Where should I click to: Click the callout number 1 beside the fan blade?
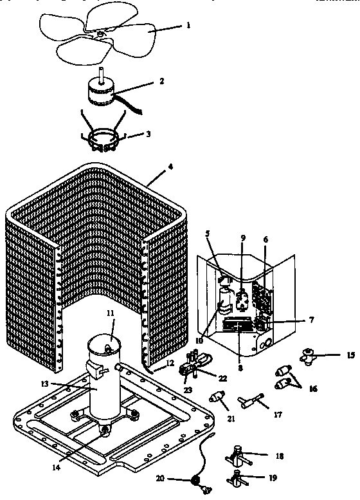(188, 26)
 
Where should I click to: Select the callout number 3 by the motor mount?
(148, 134)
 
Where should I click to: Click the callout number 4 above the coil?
(170, 166)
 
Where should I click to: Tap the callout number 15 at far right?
(350, 354)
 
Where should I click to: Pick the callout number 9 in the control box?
(243, 238)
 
